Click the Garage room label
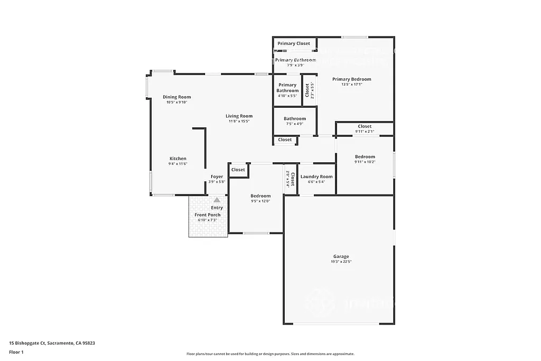point(341,256)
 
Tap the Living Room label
point(239,116)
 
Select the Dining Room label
point(176,97)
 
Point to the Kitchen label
point(178,159)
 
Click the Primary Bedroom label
point(351,79)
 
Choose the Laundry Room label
point(316,177)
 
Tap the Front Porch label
point(208,215)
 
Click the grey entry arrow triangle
point(217,200)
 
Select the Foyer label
point(217,177)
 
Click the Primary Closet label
point(294,43)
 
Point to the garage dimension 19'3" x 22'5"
point(341,262)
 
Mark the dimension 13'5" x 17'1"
point(351,85)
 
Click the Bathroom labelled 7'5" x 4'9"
point(294,118)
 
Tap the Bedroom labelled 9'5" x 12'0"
point(260,196)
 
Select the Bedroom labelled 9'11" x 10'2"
point(365,156)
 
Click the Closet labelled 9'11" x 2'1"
point(365,126)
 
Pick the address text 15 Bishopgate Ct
point(52,343)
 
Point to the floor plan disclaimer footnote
point(270,354)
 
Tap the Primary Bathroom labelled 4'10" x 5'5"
point(287,88)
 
